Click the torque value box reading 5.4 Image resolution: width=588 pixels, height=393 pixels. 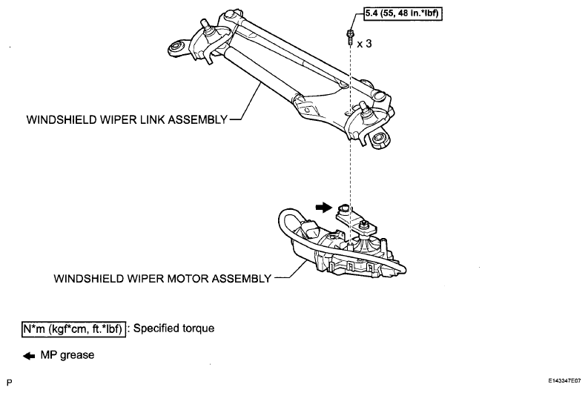tap(403, 13)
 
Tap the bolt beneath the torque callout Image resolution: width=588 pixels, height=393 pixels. tap(349, 37)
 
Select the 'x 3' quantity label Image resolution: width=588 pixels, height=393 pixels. tap(364, 44)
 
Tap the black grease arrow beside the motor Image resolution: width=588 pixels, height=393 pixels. tap(323, 207)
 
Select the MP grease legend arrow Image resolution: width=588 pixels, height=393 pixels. tap(29, 356)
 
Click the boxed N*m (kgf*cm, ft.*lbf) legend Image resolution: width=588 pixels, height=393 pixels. tap(73, 329)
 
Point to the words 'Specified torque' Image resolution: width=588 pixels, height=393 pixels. tap(174, 328)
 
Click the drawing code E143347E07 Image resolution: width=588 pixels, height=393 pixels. tap(564, 381)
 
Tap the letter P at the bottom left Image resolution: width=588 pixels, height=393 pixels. tap(10, 383)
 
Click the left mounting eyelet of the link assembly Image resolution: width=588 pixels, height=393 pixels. tap(176, 48)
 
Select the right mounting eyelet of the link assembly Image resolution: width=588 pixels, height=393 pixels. tap(379, 138)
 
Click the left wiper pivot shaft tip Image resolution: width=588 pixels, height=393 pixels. tap(205, 22)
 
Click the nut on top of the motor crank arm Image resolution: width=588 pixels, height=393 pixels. tap(363, 225)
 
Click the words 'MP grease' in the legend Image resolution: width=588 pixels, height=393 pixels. tap(67, 355)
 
